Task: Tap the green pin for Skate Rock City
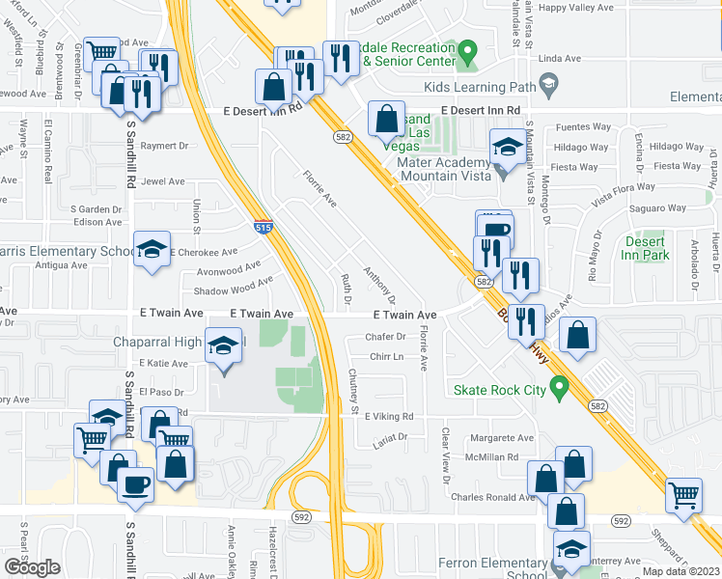click(x=557, y=389)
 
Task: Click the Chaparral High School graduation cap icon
click(x=223, y=346)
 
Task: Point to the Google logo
click(x=32, y=567)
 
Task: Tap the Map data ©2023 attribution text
click(x=680, y=571)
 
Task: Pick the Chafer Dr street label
click(x=385, y=337)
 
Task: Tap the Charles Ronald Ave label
click(x=492, y=498)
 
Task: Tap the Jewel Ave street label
click(x=162, y=181)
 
